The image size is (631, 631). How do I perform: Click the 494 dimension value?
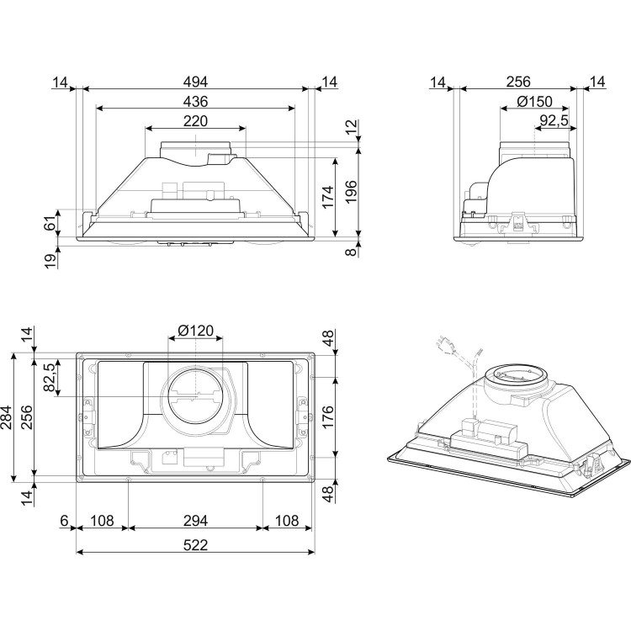pos(196,82)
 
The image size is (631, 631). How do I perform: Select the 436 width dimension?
pos(195,101)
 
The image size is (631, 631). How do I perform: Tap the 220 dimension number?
pos(195,121)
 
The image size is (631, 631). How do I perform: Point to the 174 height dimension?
pos(326,195)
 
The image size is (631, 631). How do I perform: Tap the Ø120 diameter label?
pos(196,330)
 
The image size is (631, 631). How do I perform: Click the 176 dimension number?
pos(328,417)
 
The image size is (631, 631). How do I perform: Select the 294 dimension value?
pos(195,521)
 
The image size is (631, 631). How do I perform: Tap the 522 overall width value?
pos(195,544)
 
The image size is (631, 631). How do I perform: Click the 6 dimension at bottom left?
pos(63,521)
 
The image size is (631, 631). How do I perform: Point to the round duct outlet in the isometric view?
pos(512,376)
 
